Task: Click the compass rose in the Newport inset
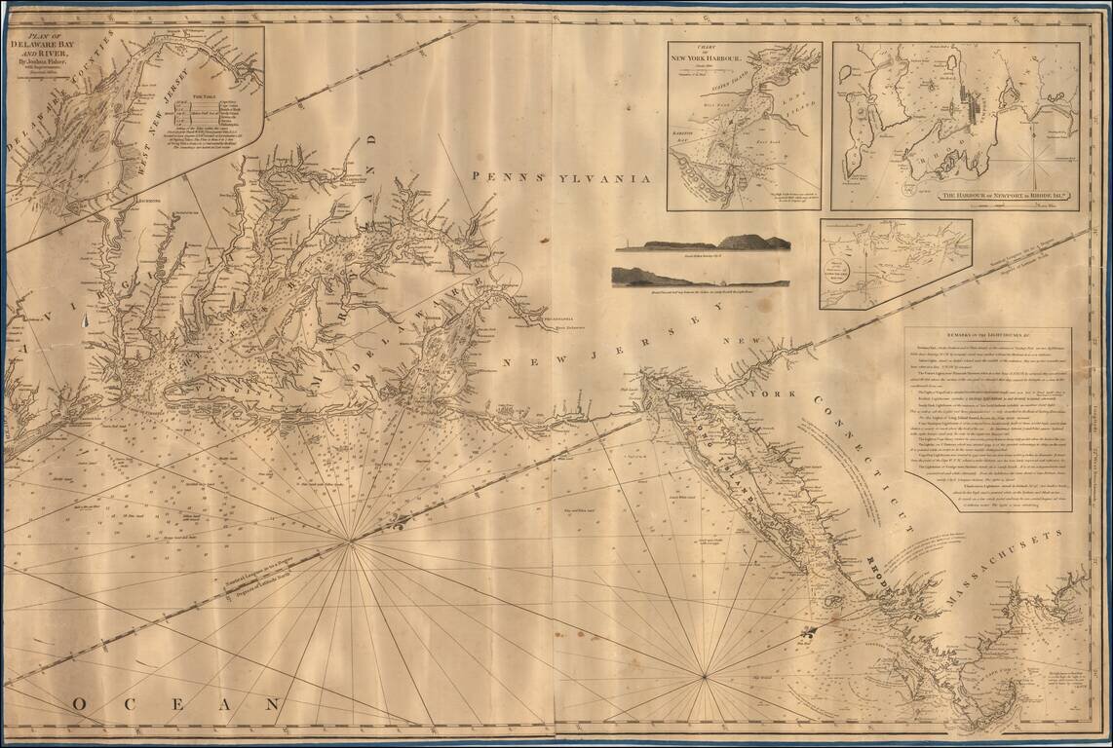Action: (1033, 161)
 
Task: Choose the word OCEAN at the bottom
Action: (176, 703)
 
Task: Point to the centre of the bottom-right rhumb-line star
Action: (705, 674)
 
